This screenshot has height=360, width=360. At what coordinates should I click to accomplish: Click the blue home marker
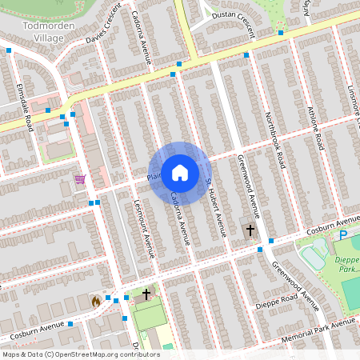point(179,173)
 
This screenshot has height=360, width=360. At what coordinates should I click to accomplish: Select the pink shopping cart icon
point(79,179)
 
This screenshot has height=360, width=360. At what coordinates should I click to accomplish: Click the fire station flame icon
point(95,301)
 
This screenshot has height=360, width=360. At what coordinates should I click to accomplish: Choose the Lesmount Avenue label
point(144,227)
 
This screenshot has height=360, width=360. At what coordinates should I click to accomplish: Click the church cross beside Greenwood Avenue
point(250,230)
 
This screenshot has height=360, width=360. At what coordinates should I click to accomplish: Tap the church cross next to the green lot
point(146,294)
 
